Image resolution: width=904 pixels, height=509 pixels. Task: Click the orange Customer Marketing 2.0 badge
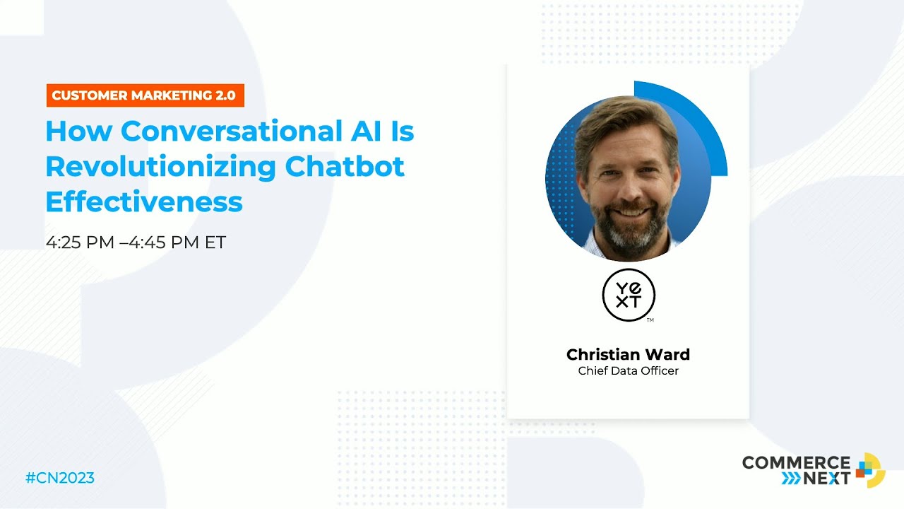[145, 95]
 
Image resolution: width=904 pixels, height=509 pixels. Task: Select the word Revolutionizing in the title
[160, 167]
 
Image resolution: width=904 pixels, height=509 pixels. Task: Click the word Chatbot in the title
[345, 167]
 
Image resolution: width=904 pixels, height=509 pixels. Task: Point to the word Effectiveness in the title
[144, 202]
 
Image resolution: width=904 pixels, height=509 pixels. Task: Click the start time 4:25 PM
[80, 242]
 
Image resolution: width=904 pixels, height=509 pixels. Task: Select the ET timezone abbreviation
[215, 242]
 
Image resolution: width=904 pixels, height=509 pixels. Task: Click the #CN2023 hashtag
[60, 479]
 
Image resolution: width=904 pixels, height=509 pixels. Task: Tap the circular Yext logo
[629, 295]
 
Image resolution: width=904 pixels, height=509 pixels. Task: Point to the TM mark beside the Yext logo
[650, 320]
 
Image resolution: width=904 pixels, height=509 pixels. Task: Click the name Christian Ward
[628, 354]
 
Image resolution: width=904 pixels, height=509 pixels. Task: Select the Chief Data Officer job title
[628, 371]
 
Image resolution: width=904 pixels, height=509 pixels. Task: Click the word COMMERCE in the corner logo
[796, 463]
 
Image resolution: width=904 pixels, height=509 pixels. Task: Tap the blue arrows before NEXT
[791, 479]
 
